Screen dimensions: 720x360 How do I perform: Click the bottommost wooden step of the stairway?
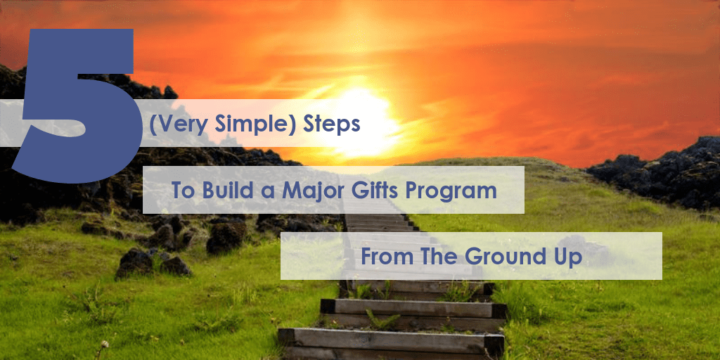click(391, 339)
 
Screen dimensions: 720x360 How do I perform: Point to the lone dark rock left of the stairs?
click(226, 237)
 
